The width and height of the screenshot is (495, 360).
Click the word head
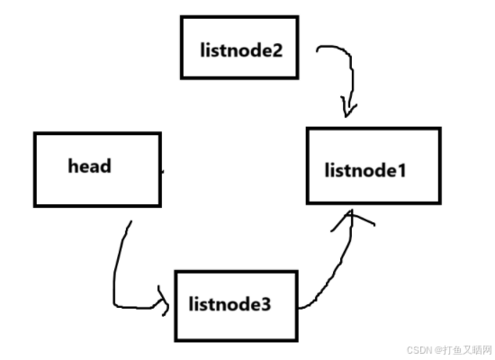pyautogui.click(x=90, y=166)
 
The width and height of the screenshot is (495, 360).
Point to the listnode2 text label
pyautogui.click(x=241, y=49)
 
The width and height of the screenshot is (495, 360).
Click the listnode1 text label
pyautogui.click(x=365, y=170)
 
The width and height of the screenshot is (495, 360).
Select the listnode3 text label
pyautogui.click(x=229, y=304)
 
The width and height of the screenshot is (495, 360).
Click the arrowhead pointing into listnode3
pyautogui.click(x=164, y=301)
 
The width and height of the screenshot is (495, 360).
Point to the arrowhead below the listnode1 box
pyautogui.click(x=351, y=218)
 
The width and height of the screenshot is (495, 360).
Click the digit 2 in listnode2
pyautogui.click(x=277, y=50)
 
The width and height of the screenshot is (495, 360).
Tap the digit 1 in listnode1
pyautogui.click(x=401, y=171)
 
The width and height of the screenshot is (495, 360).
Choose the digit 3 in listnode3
pyautogui.click(x=265, y=304)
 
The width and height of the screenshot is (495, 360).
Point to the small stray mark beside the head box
pyautogui.click(x=163, y=172)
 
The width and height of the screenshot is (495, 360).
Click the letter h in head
pyautogui.click(x=73, y=166)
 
